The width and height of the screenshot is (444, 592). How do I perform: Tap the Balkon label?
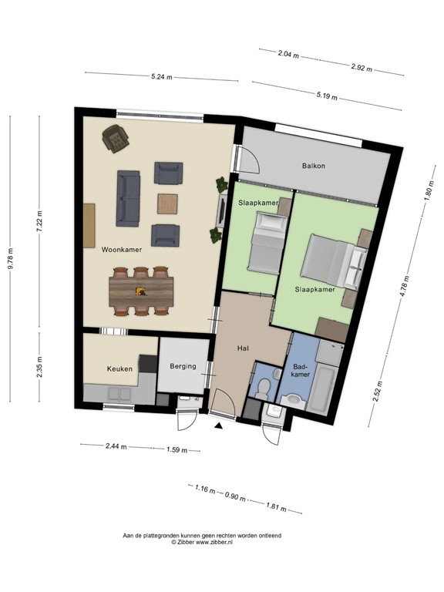coord(313,166)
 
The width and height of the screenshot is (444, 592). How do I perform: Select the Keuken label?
coord(119,369)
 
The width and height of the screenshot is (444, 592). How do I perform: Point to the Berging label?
coord(183,366)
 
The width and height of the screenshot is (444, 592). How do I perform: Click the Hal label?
coord(243,348)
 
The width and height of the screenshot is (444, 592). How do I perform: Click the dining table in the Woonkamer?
coord(142,291)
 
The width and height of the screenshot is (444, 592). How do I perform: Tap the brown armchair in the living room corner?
coord(116,140)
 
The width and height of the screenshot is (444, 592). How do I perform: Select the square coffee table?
coord(168,203)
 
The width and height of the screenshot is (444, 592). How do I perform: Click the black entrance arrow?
coord(220,424)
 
